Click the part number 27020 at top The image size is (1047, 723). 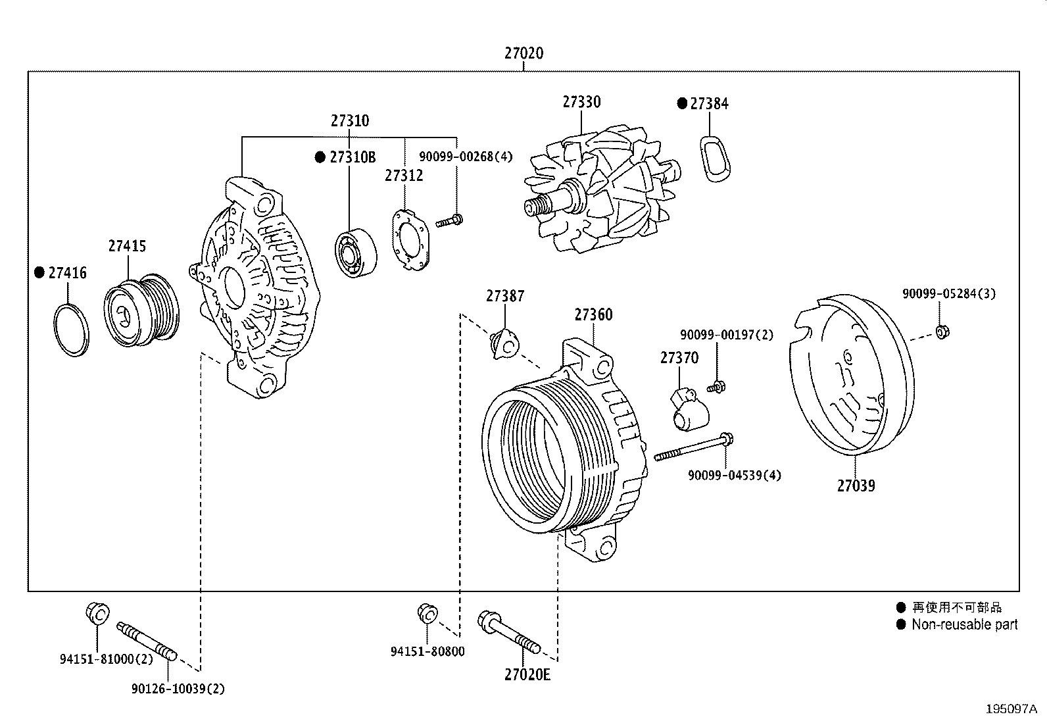point(524,53)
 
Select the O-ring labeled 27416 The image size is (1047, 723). point(70,330)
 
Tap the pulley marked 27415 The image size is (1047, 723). point(141,310)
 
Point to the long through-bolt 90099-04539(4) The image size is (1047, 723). point(694,447)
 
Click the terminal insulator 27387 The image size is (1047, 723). point(504,344)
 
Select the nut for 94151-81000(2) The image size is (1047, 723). point(97,613)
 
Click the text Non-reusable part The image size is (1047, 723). point(964,625)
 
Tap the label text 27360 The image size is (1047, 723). point(593,315)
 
